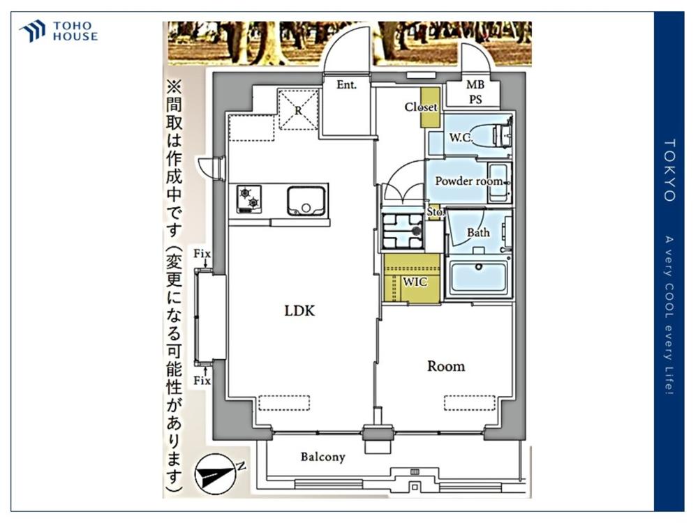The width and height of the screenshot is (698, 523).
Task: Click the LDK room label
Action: (x=299, y=310)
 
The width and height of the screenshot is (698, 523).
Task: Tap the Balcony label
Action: (x=322, y=457)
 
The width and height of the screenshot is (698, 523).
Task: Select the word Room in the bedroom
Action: (x=446, y=366)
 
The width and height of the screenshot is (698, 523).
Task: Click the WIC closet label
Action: (x=415, y=282)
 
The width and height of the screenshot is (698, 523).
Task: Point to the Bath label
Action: (x=478, y=232)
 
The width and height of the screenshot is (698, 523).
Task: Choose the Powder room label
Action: (x=469, y=181)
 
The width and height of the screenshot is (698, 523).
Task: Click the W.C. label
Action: (x=460, y=137)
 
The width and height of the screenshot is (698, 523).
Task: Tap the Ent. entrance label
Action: (x=346, y=84)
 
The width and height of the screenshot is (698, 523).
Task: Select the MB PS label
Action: (x=475, y=91)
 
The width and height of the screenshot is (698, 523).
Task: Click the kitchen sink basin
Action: (x=306, y=201)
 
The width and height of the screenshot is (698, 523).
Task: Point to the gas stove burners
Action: (x=249, y=198)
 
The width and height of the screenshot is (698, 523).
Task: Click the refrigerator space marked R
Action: (x=298, y=109)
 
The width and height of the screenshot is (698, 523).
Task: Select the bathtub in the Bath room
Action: (x=479, y=279)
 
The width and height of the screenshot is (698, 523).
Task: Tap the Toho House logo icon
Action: (x=32, y=31)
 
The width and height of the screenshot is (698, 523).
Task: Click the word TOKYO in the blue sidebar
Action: (x=669, y=170)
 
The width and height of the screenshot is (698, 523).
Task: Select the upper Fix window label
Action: (x=202, y=254)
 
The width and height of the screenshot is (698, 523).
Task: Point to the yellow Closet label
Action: (x=421, y=107)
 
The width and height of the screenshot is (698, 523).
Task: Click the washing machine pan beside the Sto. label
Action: (x=403, y=231)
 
